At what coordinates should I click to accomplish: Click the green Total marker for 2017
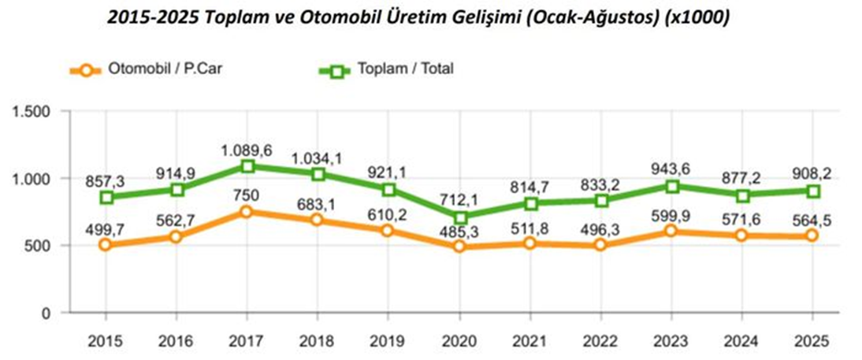point(247,166)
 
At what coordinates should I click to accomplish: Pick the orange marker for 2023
point(671,232)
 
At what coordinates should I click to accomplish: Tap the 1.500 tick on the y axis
point(33,113)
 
